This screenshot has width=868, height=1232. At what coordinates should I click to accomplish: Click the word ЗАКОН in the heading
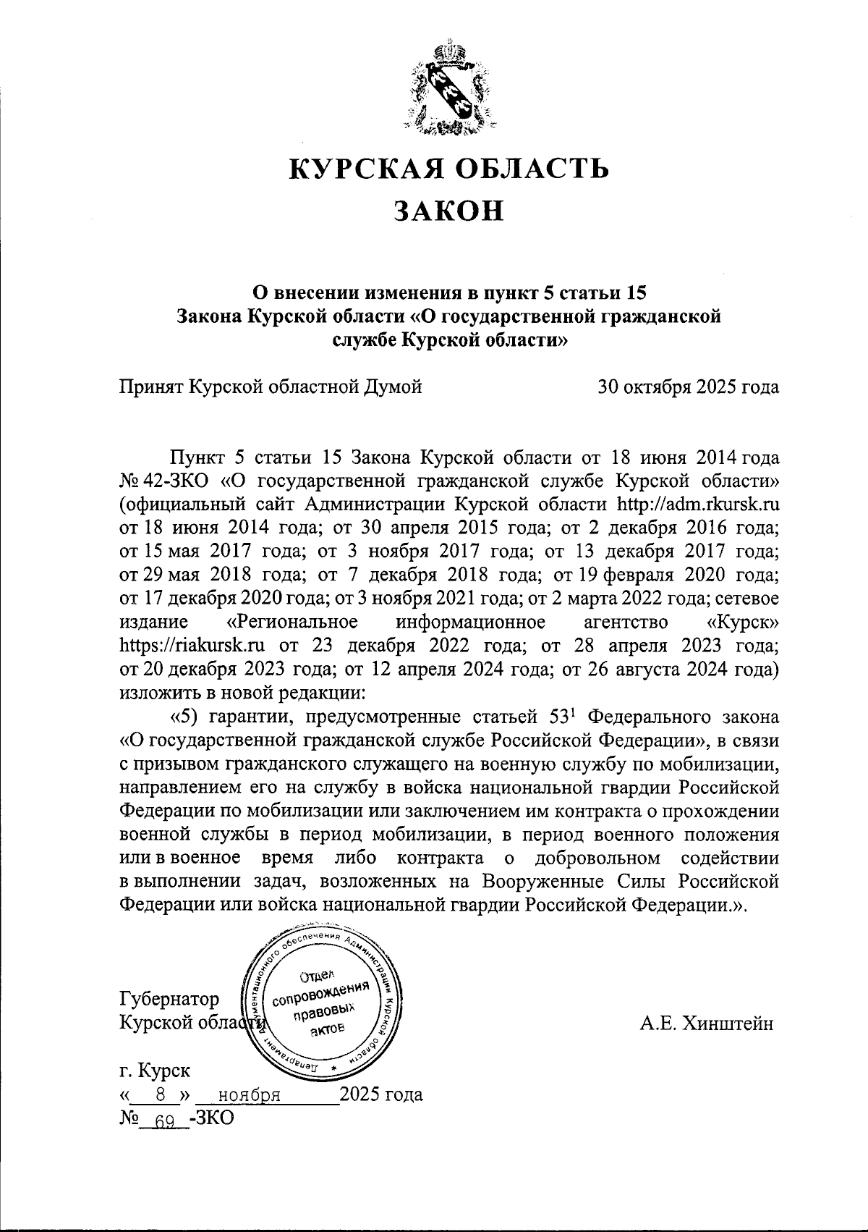[448, 211]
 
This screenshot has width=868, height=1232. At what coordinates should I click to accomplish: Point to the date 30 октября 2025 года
[688, 387]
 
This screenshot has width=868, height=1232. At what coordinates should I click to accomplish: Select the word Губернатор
[169, 1000]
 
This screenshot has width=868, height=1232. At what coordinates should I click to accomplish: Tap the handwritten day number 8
[151, 1094]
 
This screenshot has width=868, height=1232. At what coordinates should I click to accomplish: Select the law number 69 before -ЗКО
[166, 1120]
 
